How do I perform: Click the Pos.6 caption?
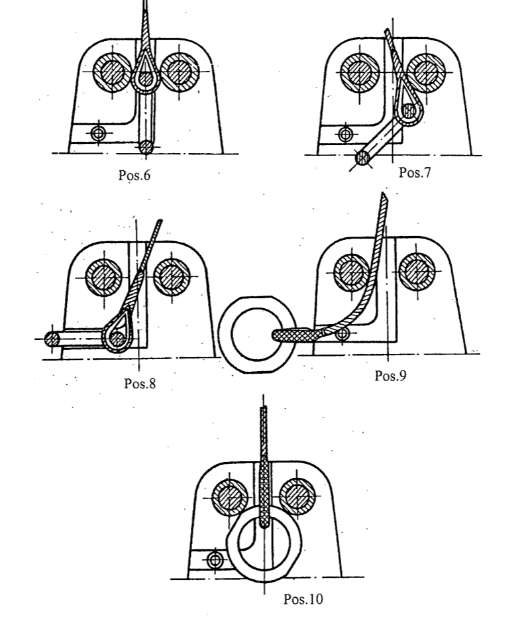[x=134, y=175]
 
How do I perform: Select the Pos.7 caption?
[x=415, y=172]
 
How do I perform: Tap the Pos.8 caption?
[x=140, y=383]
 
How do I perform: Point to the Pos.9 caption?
[x=390, y=376]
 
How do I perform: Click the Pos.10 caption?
[x=303, y=599]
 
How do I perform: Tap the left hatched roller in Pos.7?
[x=360, y=73]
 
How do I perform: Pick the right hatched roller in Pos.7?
[x=426, y=73]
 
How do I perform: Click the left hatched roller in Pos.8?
[x=104, y=277]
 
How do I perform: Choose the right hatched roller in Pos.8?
[x=172, y=277]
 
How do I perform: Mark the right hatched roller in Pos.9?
[x=417, y=272]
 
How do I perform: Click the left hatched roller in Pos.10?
[x=230, y=496]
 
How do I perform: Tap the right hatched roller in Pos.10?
[x=298, y=496]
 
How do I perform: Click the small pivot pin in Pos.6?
[x=98, y=133]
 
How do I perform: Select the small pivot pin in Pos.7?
[x=345, y=134]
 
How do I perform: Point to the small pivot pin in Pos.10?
[x=215, y=559]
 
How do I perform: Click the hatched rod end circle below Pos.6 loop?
[x=146, y=147]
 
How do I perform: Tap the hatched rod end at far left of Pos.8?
[x=52, y=339]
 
